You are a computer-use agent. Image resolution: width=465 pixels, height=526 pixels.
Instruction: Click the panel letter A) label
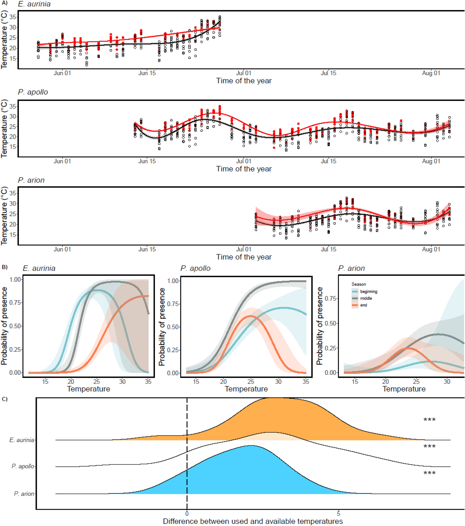[x=4, y=3]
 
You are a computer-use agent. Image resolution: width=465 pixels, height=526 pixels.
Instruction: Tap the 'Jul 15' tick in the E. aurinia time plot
[x=328, y=73]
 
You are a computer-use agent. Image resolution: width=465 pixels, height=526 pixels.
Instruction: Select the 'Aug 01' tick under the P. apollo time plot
[x=431, y=161]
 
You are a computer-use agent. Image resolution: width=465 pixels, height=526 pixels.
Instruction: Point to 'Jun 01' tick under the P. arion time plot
[x=62, y=249]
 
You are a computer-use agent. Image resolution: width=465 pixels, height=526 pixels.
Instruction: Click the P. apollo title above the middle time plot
[x=33, y=92]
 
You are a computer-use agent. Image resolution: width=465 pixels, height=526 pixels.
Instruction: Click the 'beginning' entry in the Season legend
[x=368, y=292]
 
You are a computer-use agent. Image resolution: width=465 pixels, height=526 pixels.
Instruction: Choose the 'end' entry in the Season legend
[x=363, y=305]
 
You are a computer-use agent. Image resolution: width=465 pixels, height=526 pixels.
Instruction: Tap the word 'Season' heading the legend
[x=358, y=284]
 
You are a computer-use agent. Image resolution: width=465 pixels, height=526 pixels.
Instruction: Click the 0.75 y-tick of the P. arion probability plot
[x=331, y=298]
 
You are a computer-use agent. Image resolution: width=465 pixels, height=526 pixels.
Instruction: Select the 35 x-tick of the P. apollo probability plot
[x=305, y=382]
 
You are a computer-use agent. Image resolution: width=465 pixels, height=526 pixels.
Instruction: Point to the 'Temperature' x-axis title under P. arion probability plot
[x=404, y=389]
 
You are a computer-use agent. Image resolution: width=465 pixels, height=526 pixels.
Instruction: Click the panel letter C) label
[x=4, y=399]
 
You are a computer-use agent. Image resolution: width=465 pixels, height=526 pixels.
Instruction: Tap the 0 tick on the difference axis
[x=187, y=514]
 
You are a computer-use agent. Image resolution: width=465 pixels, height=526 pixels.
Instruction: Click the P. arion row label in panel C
[x=24, y=494]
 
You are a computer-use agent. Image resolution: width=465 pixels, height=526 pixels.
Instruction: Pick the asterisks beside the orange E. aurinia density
[x=429, y=420]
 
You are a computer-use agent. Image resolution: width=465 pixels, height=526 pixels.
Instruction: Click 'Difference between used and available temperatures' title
[x=253, y=521]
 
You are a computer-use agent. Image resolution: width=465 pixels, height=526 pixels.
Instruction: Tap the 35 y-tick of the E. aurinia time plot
[x=13, y=17]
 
